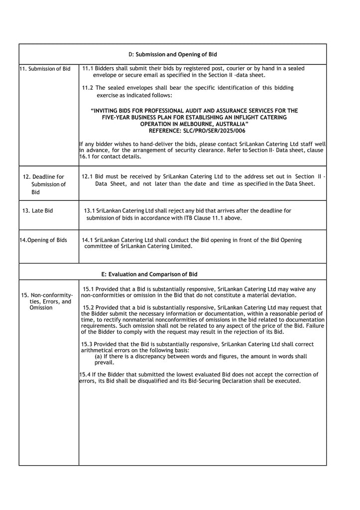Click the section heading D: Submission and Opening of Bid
[172, 54]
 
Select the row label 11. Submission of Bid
[45, 69]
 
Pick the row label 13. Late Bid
[37, 211]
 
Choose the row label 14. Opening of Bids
[43, 240]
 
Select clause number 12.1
[88, 176]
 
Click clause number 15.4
[85, 374]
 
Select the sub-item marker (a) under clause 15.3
[99, 356]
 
